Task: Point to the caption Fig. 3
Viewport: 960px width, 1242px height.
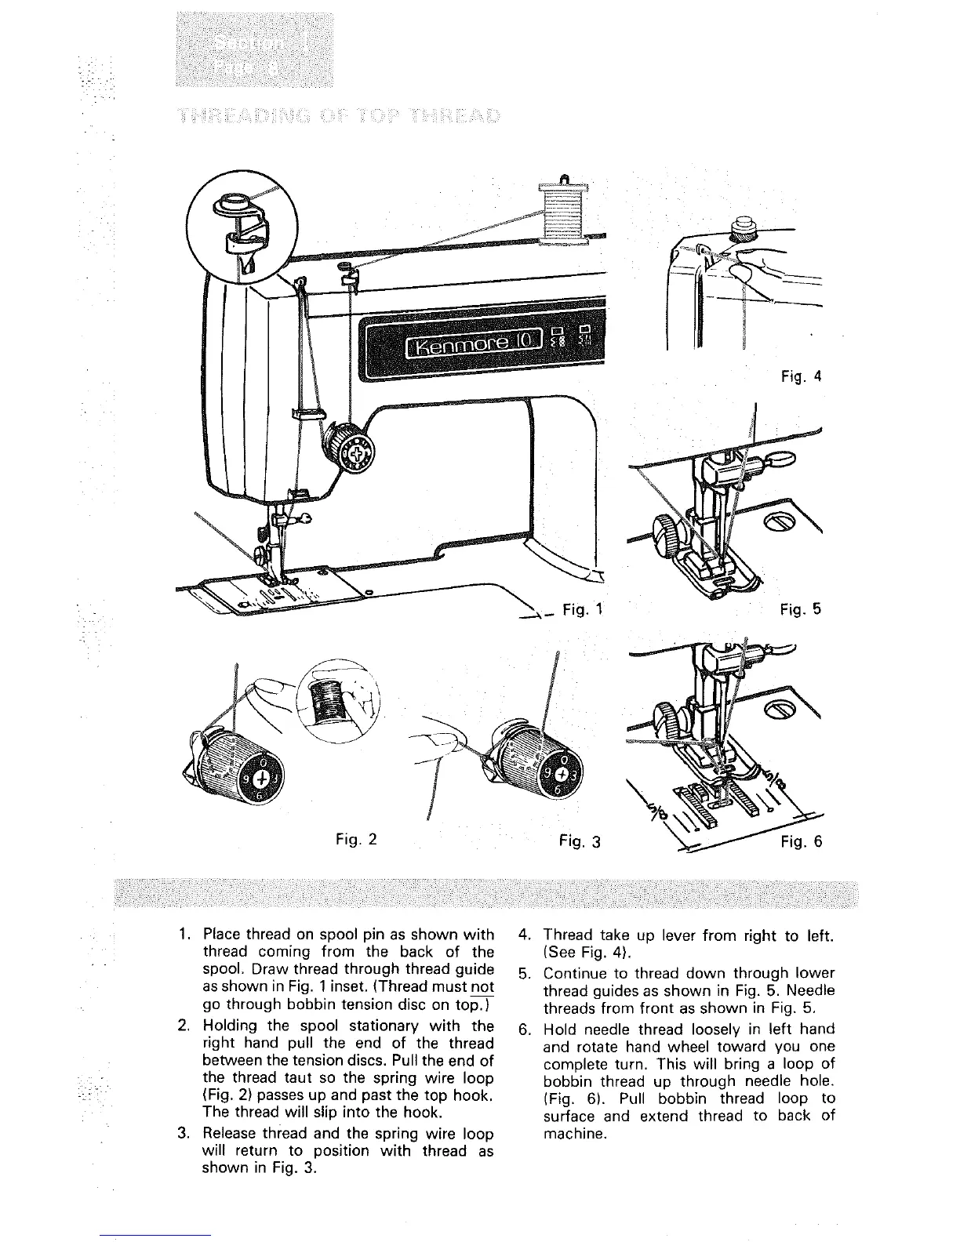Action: point(580,841)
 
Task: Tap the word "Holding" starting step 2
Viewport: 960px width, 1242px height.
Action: point(227,1026)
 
